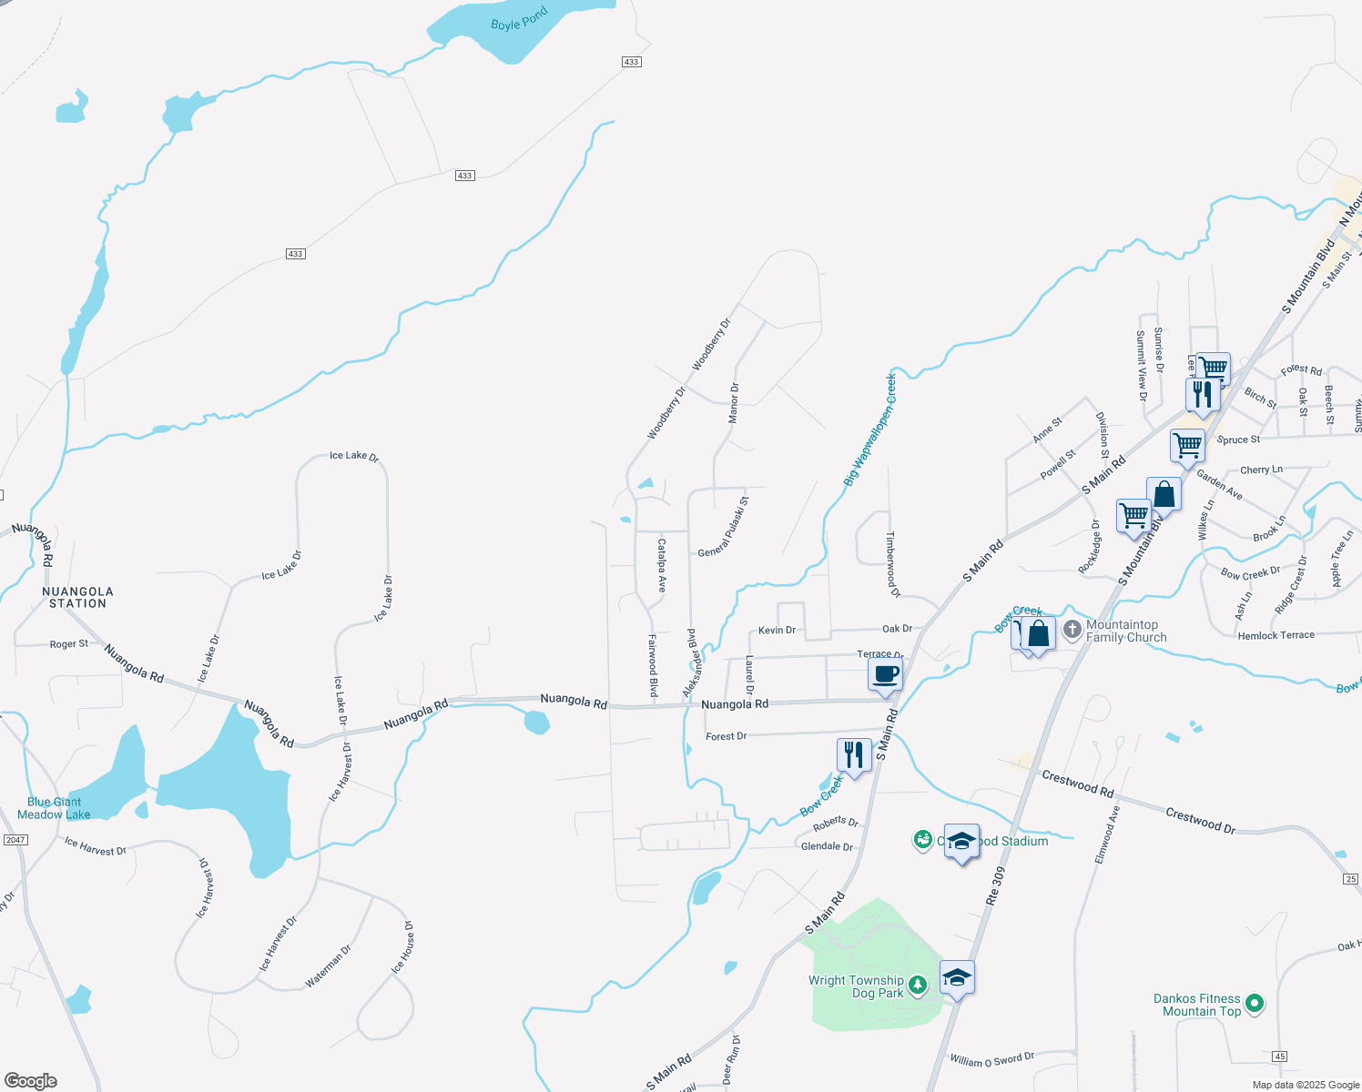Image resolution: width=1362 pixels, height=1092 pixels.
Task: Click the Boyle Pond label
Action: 519,19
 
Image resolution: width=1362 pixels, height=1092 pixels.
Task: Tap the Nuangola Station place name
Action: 77,597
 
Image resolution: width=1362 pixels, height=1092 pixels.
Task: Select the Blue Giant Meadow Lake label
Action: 54,808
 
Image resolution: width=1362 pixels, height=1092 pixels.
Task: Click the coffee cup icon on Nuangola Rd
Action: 885,676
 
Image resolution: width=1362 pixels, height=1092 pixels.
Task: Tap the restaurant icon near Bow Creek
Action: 853,755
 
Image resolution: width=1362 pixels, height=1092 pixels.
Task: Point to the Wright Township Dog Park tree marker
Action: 918,985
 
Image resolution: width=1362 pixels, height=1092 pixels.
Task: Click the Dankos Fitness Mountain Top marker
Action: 1255,1004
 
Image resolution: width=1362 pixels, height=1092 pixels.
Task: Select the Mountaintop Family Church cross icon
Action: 1072,629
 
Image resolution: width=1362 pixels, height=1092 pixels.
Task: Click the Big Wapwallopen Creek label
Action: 869,430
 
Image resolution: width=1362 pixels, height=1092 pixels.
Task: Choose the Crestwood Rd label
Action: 1078,784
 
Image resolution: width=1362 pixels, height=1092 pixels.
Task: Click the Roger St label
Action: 69,643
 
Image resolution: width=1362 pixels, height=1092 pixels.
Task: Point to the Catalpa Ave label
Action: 662,565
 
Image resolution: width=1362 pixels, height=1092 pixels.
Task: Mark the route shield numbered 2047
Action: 15,839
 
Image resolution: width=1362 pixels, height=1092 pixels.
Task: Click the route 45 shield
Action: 1280,1057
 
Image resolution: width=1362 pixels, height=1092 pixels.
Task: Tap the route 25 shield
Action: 1351,878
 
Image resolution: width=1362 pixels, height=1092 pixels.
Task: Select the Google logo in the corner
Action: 30,1080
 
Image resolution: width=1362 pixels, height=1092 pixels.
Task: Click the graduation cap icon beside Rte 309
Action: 957,978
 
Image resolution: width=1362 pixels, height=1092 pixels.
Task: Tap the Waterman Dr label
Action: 328,966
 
